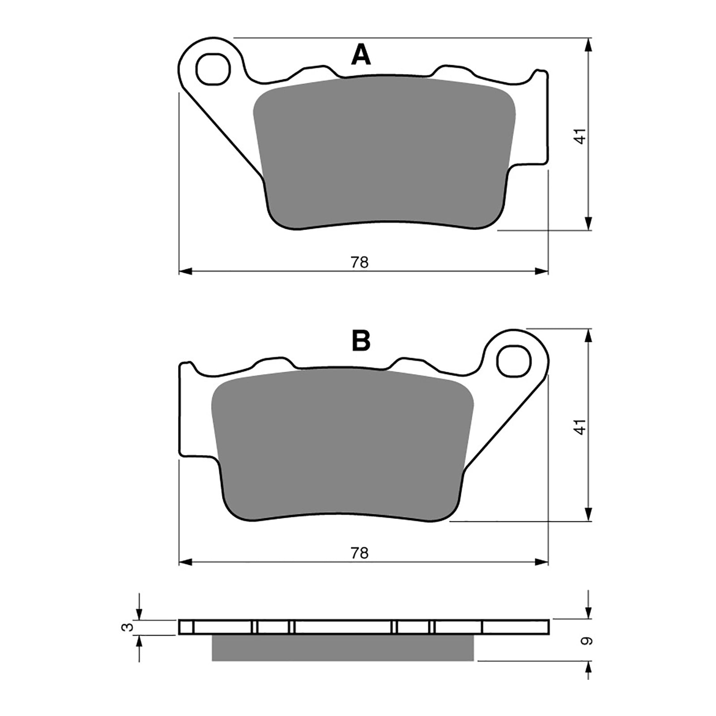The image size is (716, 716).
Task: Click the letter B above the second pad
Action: click(x=361, y=341)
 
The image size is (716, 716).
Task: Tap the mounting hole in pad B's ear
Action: click(x=514, y=361)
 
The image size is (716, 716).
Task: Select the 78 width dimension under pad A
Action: click(x=359, y=262)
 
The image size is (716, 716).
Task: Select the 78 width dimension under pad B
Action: click(x=359, y=553)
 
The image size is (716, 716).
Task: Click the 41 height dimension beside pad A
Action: click(x=580, y=136)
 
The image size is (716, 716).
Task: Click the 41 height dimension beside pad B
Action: click(x=580, y=426)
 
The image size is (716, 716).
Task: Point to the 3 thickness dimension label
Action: click(x=128, y=627)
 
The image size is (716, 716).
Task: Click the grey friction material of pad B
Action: click(x=342, y=443)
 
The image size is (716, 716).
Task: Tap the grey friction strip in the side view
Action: click(x=342, y=648)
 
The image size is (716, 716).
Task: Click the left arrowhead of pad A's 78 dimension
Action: click(x=185, y=271)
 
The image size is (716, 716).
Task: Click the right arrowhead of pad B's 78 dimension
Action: click(x=542, y=562)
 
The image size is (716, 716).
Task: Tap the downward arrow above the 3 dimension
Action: click(x=140, y=614)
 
